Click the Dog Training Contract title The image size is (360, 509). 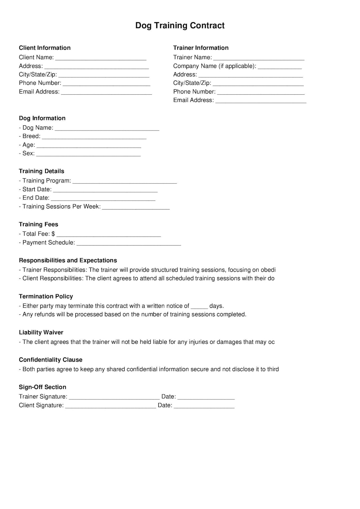(x=180, y=26)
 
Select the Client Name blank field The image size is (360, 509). (x=101, y=58)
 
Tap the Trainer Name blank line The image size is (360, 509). (x=259, y=58)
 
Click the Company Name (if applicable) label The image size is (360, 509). (x=214, y=66)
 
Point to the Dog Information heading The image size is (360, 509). (x=42, y=118)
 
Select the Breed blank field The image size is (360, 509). (x=94, y=137)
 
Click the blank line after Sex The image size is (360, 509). (x=88, y=154)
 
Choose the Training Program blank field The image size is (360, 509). (x=124, y=181)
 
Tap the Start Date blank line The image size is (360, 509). (x=105, y=190)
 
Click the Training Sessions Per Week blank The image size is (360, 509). (x=136, y=207)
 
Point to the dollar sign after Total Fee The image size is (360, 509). (x=53, y=234)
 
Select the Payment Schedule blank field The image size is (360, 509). (x=129, y=243)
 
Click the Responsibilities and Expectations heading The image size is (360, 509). (x=68, y=260)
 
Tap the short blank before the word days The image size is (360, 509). (x=199, y=306)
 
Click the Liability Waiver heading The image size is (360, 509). (x=41, y=332)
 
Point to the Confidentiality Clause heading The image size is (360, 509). (x=50, y=360)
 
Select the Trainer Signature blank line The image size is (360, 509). (x=114, y=397)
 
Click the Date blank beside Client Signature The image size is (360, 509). (x=204, y=406)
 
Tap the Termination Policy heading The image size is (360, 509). (x=46, y=296)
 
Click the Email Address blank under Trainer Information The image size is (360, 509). (x=261, y=101)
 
